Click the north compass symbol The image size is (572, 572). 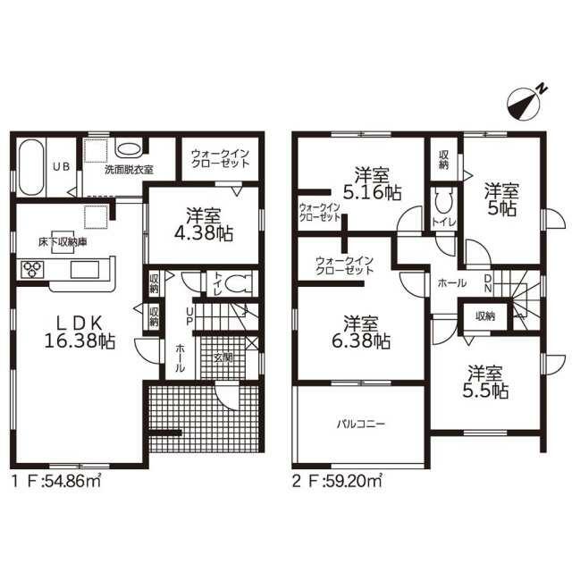tap(526, 103)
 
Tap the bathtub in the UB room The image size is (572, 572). tap(31, 168)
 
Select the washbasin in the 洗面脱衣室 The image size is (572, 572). tap(129, 149)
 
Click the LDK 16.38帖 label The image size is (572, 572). tap(80, 332)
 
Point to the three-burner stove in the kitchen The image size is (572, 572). tap(33, 270)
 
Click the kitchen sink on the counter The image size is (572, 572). tap(85, 270)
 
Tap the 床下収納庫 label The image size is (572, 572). tap(63, 242)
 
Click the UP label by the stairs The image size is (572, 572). tap(189, 315)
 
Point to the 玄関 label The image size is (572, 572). tap(223, 357)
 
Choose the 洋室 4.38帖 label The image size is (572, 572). tap(204, 224)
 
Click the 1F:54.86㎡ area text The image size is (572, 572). tap(56, 482)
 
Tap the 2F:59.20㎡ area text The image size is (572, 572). tap(337, 481)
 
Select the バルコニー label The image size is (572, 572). tap(360, 424)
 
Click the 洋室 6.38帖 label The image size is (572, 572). tap(361, 332)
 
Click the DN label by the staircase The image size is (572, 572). tap(488, 282)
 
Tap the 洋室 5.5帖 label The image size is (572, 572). tap(485, 382)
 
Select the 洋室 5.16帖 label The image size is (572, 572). tap(373, 183)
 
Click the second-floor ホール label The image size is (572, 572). tap(451, 283)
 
